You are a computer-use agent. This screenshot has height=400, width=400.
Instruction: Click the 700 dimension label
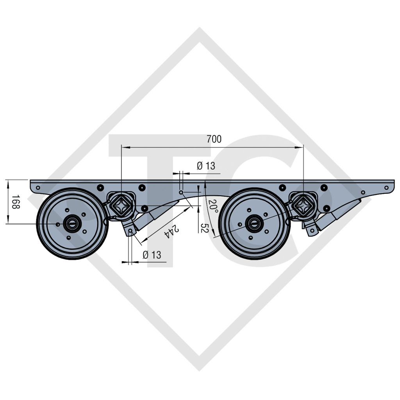pyautogui.click(x=214, y=139)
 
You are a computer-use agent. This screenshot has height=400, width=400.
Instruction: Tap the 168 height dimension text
pyautogui.click(x=16, y=202)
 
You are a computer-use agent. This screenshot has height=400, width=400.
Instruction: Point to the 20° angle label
pyautogui.click(x=213, y=206)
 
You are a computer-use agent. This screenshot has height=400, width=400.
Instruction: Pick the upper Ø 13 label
pyautogui.click(x=206, y=166)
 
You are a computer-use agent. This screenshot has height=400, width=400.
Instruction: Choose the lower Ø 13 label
pyautogui.click(x=152, y=255)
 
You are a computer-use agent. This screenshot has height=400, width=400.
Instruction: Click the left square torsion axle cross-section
pyautogui.click(x=121, y=205)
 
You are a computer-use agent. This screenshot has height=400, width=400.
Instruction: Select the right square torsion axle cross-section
pyautogui.click(x=304, y=205)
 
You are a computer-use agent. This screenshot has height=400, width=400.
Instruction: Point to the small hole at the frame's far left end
pyautogui.click(x=38, y=188)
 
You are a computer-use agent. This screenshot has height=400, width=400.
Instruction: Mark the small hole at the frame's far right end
pyautogui.click(x=386, y=188)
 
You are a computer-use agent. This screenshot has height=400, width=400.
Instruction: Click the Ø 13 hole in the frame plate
pyautogui.click(x=181, y=192)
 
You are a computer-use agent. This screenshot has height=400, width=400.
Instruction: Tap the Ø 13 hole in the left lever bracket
pyautogui.click(x=130, y=231)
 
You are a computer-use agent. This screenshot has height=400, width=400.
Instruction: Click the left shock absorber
pyautogui.click(x=156, y=214)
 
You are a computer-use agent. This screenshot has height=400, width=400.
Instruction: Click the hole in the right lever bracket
pyautogui.click(x=312, y=230)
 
